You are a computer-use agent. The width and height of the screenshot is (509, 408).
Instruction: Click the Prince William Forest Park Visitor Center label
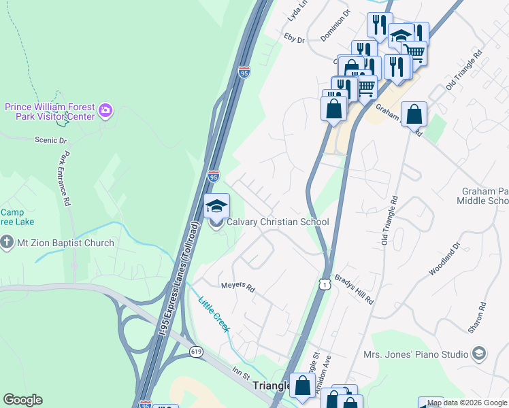coord(50,111)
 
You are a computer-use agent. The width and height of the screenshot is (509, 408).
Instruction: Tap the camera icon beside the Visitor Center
coord(105,109)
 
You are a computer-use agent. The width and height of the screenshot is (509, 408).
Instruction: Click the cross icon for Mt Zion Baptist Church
coord(7,243)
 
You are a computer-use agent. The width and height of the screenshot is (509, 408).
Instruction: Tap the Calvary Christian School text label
coord(278,222)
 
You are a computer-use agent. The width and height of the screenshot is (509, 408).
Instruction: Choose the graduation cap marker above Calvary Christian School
coord(217,206)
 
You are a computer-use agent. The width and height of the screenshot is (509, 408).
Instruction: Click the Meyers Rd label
coord(237,288)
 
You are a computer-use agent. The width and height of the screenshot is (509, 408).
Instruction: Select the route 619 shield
coord(196,352)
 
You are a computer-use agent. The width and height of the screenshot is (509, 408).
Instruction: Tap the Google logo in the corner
coord(22,400)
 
